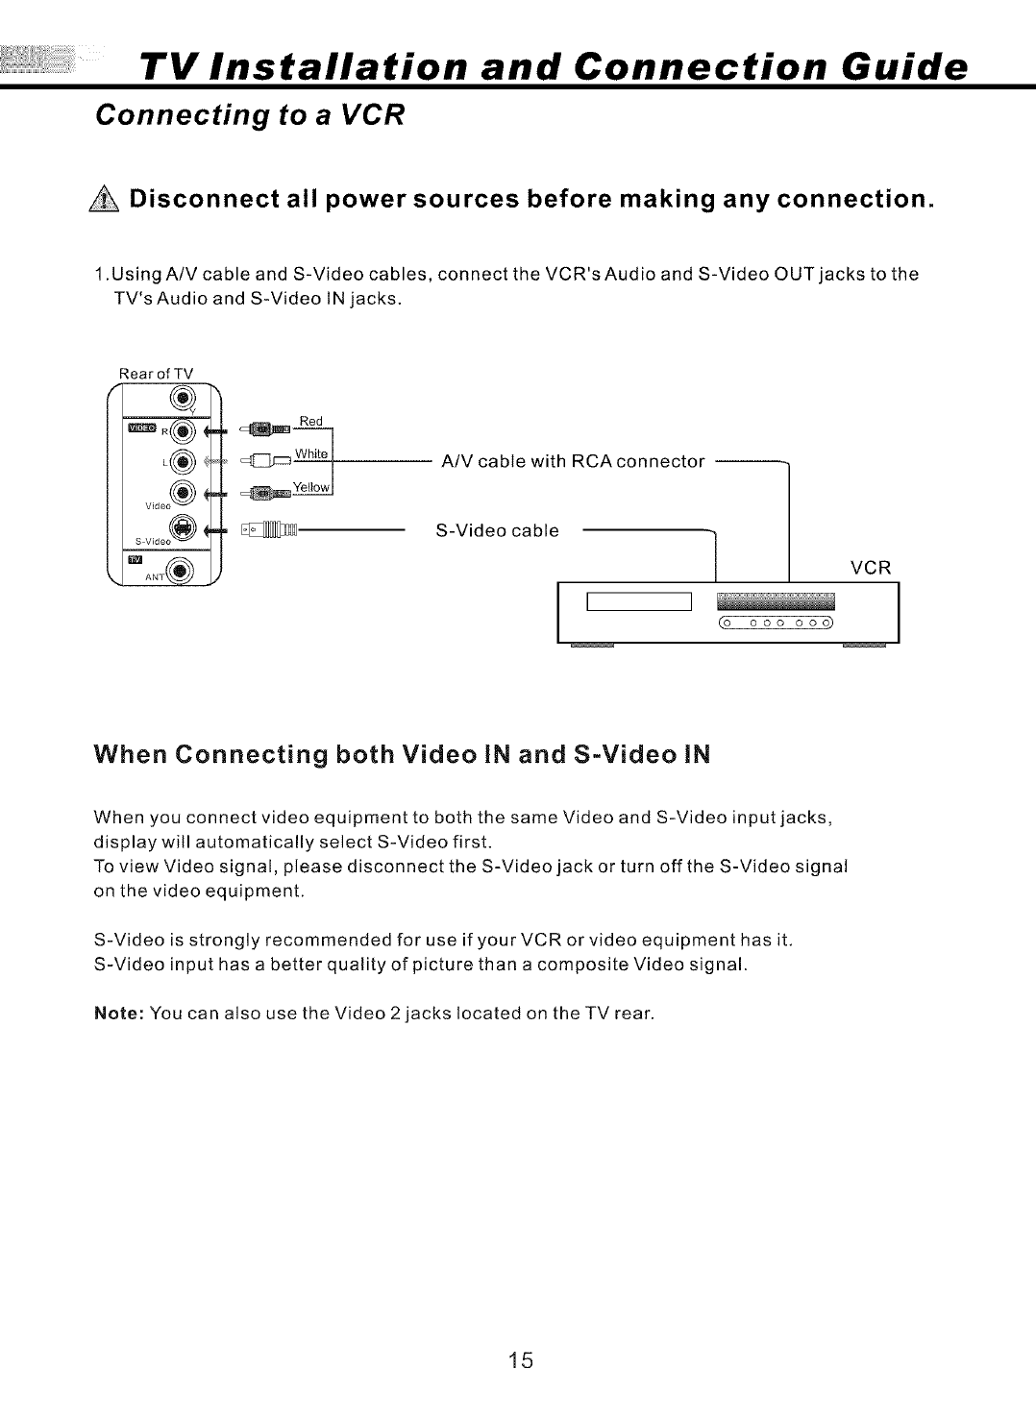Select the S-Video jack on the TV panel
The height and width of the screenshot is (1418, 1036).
(x=184, y=526)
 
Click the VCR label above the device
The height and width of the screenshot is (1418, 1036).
(x=872, y=567)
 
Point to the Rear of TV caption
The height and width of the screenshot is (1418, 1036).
(x=157, y=374)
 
